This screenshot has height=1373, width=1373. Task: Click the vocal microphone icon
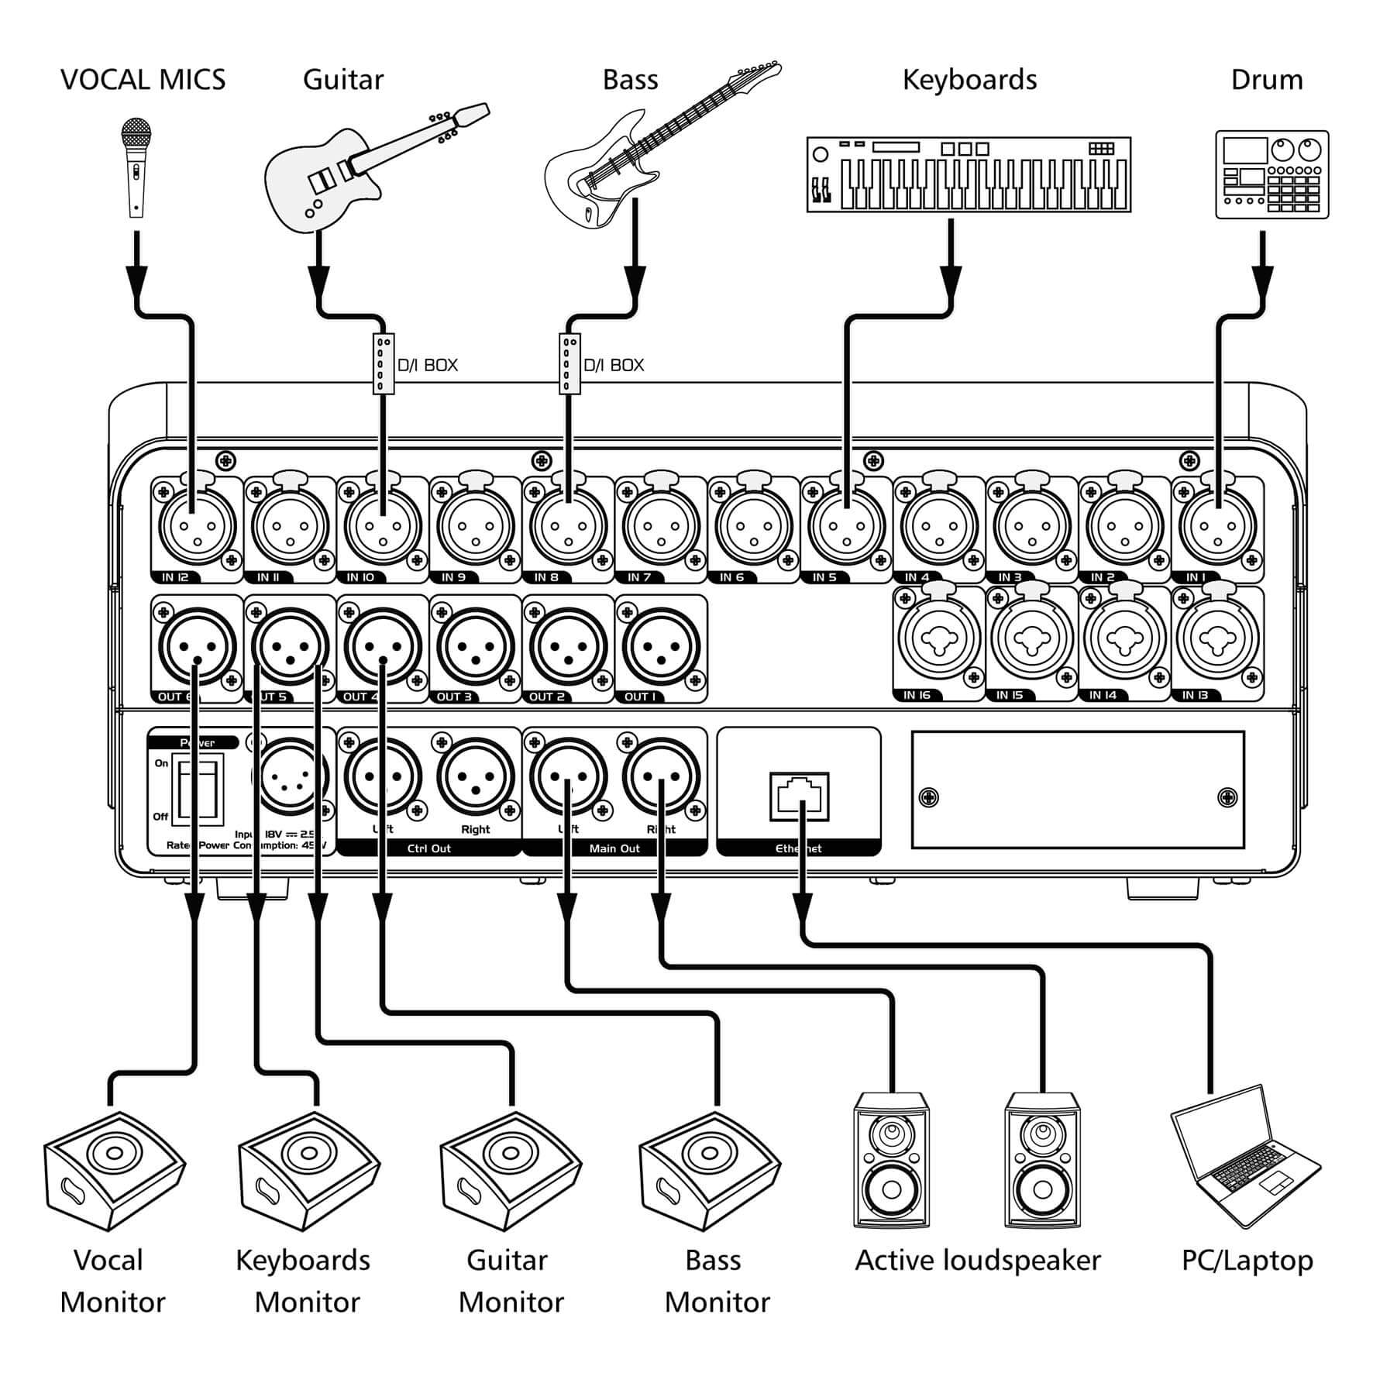pos(136,167)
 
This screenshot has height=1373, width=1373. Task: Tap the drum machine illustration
pos(1271,174)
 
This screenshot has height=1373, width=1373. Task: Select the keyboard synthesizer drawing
pos(969,175)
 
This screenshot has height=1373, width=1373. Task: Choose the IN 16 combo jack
pos(939,640)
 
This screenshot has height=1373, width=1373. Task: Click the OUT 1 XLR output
pos(661,646)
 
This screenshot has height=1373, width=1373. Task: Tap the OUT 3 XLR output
pos(475,646)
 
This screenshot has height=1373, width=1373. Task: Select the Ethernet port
pos(799,796)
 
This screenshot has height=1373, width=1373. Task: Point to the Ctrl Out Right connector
pos(475,777)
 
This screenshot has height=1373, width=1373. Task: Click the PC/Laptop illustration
pos(1244,1155)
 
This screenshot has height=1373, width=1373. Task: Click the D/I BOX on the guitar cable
pos(384,363)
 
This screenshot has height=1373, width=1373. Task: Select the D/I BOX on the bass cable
pos(570,363)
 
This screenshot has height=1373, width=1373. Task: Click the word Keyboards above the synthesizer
pos(969,80)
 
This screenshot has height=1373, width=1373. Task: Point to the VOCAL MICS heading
pos(143,80)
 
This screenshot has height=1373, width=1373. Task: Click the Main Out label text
pos(614,848)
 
